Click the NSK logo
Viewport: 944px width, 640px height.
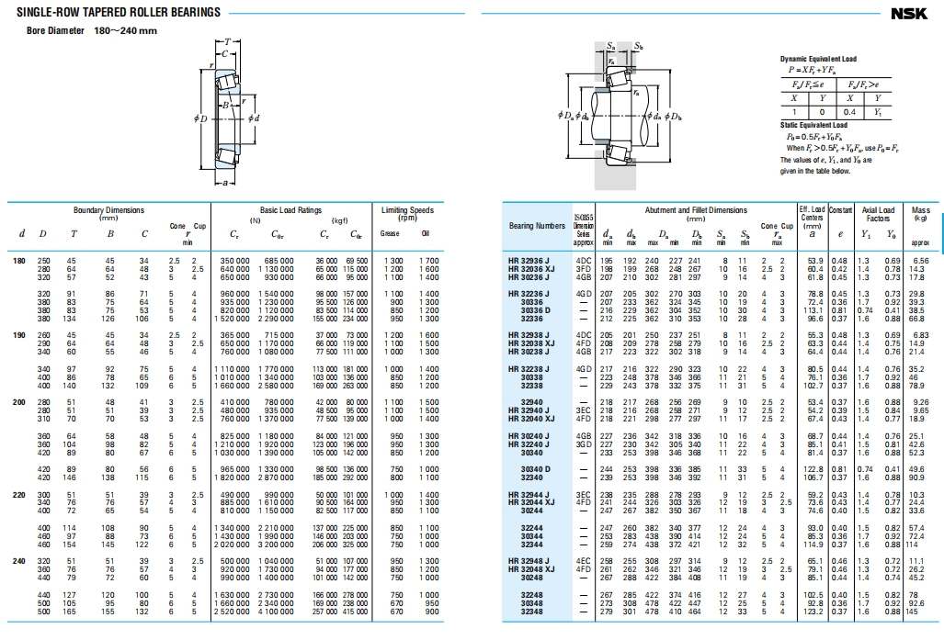(x=909, y=13)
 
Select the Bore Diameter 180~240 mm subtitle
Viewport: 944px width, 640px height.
(x=92, y=30)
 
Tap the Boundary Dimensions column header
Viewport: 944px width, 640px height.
(x=108, y=210)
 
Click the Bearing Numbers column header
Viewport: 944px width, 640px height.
(x=538, y=226)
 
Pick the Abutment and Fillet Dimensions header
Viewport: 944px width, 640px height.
(x=683, y=210)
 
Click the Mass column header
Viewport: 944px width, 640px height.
(x=920, y=210)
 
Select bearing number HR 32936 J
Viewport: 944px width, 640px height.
(x=528, y=262)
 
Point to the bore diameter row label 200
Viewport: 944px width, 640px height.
(x=18, y=401)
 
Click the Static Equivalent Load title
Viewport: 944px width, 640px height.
(x=813, y=125)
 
